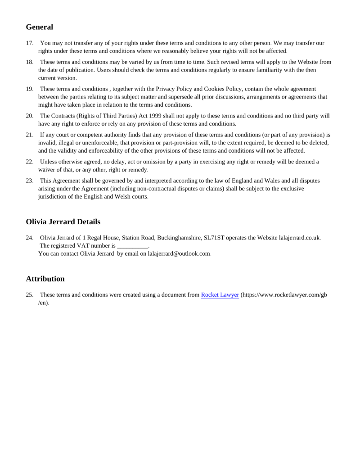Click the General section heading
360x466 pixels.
[x=39, y=27]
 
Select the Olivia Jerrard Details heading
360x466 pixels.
[x=63, y=222]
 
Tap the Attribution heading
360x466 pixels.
[x=45, y=279]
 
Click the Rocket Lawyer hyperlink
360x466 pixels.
[x=220, y=295]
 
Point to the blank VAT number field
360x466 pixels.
[x=132, y=246]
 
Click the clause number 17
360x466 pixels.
[x=29, y=43]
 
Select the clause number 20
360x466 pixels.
[x=29, y=116]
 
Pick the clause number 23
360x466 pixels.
[x=29, y=181]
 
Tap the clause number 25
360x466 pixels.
[x=29, y=295]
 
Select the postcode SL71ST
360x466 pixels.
[x=214, y=238]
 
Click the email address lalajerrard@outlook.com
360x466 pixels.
[x=179, y=254]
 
